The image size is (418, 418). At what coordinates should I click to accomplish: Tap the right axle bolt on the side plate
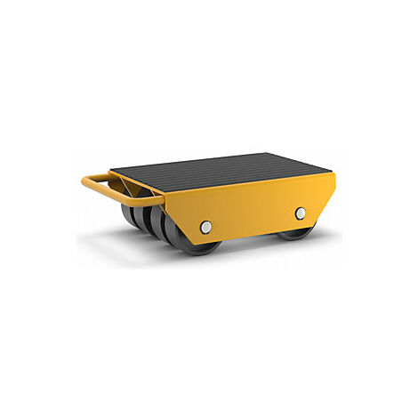pyautogui.click(x=301, y=213)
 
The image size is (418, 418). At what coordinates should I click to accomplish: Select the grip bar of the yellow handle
pyautogui.click(x=89, y=187)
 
